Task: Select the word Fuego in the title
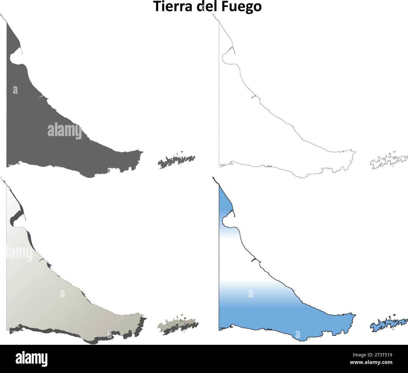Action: (242, 7)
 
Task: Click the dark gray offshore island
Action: (176, 161)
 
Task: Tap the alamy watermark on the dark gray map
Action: (65, 131)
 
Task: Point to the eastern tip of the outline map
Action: (355, 153)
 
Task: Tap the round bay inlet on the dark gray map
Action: (13, 58)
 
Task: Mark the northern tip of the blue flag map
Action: (213, 178)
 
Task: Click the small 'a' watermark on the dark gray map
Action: (15, 90)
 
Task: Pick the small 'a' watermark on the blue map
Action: (250, 294)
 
